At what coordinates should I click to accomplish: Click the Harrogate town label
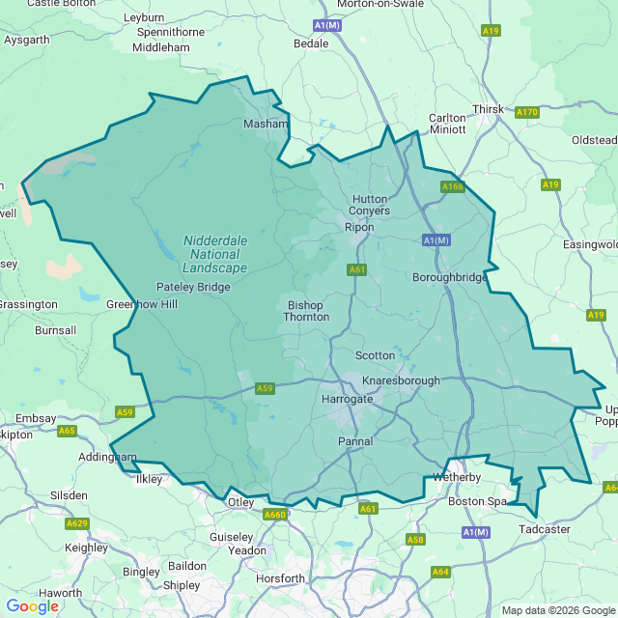coord(347,399)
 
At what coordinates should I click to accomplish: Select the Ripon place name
coord(359,228)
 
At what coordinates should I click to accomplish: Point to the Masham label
coord(266,124)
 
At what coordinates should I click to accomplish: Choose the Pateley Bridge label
coord(193,288)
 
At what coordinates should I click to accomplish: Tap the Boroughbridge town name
coord(450,276)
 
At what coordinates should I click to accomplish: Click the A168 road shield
coord(452,186)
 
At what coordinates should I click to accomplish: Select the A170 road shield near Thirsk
coord(526,113)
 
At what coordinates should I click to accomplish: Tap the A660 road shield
coord(275,515)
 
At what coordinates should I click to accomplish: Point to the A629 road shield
coord(77,523)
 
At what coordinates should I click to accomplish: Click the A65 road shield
coord(67,431)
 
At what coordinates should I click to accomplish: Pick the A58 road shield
coord(415,539)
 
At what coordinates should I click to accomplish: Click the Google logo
coord(32,606)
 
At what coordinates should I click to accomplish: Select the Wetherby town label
coord(458,477)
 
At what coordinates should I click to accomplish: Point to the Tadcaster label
coord(545,529)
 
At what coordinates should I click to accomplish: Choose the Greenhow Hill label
coord(142,304)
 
